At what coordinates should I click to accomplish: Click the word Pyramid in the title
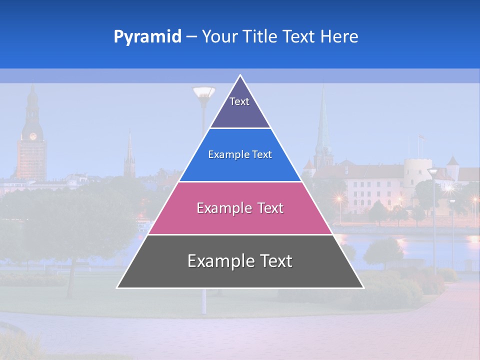pyautogui.click(x=147, y=37)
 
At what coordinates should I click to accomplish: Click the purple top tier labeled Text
pyautogui.click(x=239, y=107)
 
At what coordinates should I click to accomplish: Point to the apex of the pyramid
pyautogui.click(x=240, y=76)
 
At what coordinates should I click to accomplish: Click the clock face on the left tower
pyautogui.click(x=33, y=136)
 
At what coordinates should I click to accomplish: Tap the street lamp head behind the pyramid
pyautogui.click(x=203, y=93)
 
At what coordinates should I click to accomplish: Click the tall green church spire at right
pyautogui.click(x=322, y=125)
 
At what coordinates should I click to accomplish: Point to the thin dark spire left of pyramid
pyautogui.click(x=129, y=155)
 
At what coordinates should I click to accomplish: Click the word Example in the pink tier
pyautogui.click(x=219, y=208)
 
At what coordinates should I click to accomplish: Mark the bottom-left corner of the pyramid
pyautogui.click(x=117, y=287)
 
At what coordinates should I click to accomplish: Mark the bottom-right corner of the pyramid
pyautogui.click(x=363, y=287)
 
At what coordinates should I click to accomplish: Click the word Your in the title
pyautogui.click(x=218, y=37)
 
